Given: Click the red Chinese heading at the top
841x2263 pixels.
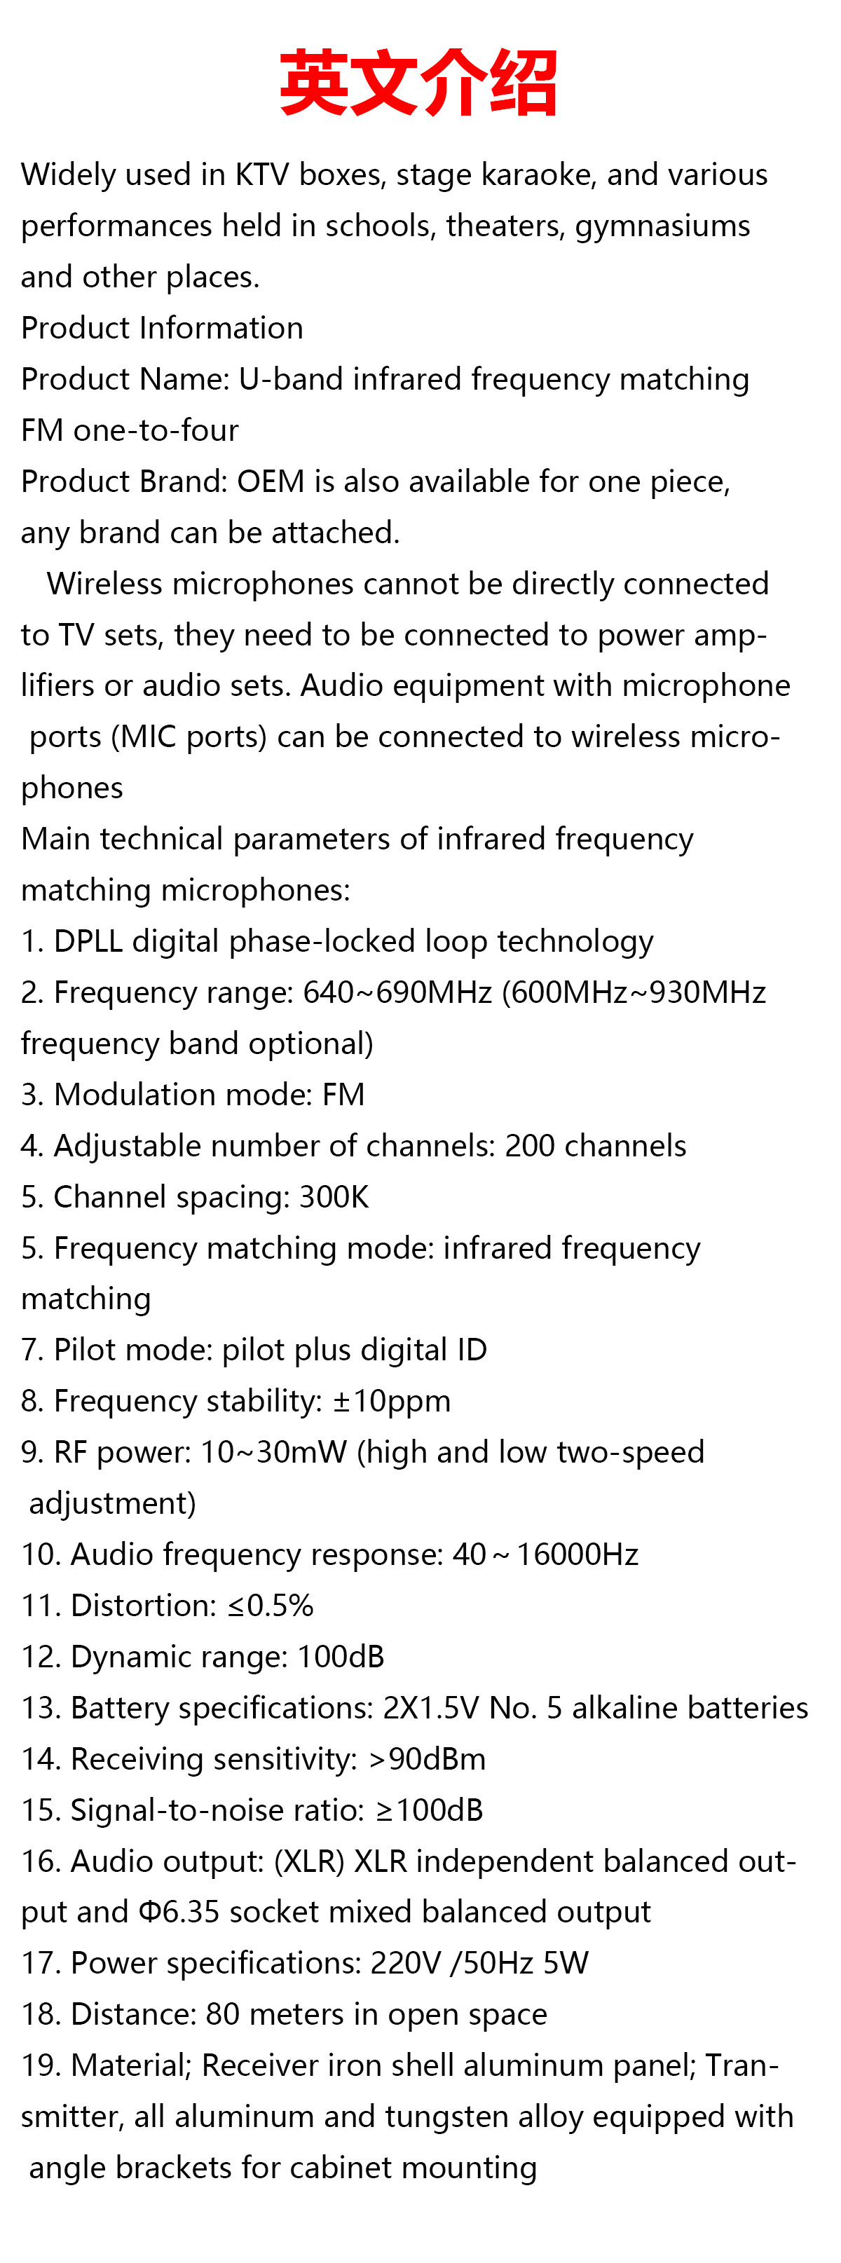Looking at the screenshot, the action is [x=418, y=83].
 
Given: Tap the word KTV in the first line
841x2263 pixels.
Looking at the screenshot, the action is [x=262, y=175].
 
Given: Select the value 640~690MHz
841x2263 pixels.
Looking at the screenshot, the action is [x=397, y=992].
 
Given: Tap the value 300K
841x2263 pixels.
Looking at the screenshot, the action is [x=334, y=1196].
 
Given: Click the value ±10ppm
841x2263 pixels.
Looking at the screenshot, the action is [x=391, y=1400].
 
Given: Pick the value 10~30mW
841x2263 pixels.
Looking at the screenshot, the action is [x=273, y=1451].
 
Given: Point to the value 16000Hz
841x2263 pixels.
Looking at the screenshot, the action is [x=577, y=1554].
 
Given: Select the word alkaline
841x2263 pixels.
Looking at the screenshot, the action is [x=623, y=1707].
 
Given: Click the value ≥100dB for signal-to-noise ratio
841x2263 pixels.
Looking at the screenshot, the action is [x=430, y=1810].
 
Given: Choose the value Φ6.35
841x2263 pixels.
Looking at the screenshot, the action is [x=179, y=1912].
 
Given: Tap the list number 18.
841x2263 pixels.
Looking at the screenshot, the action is [x=41, y=2014].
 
